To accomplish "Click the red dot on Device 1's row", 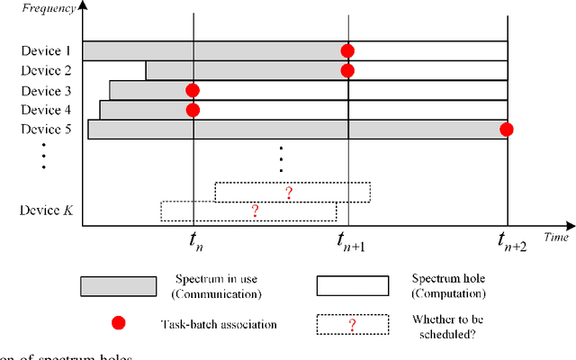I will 347,50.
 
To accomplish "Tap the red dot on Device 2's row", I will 347,70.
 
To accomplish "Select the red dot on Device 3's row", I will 193,90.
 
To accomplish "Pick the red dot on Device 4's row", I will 193,110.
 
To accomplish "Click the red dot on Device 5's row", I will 507,130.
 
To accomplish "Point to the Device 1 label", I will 46,50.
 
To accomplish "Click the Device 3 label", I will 46,90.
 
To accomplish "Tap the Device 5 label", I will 46,130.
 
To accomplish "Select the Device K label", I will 45,210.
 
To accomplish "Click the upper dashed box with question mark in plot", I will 292,192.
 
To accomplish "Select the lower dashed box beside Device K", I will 248,211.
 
